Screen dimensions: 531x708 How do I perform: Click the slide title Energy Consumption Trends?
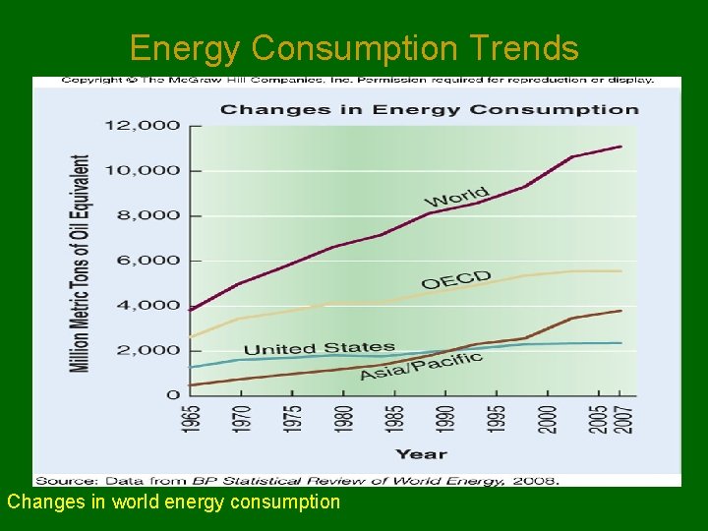(x=354, y=47)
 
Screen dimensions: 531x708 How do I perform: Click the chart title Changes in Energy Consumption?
(x=429, y=108)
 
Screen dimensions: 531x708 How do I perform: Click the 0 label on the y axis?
(x=174, y=394)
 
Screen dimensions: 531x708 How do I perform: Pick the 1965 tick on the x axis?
(x=191, y=419)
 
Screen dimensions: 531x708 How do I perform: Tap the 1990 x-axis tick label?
(x=445, y=419)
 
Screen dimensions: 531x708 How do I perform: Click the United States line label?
(x=319, y=348)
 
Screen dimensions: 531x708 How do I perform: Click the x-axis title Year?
(x=421, y=453)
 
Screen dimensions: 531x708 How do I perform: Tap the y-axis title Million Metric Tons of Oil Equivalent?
(x=80, y=263)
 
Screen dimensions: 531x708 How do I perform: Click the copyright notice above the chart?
(x=357, y=81)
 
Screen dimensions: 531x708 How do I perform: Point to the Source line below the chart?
(x=297, y=480)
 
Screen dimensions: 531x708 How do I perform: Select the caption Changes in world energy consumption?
(x=174, y=501)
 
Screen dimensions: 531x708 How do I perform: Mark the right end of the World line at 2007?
(x=620, y=147)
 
